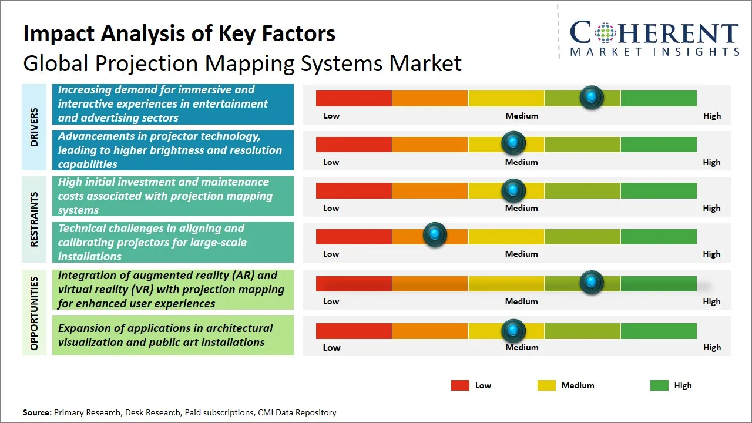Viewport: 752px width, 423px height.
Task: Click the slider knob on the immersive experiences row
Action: point(592,97)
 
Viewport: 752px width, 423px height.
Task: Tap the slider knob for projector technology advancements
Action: point(513,143)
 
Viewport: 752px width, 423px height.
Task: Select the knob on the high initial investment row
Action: point(513,190)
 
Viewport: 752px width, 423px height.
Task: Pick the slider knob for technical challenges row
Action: point(435,234)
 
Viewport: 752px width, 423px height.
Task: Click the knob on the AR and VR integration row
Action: point(592,282)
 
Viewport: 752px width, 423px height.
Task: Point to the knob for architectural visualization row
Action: point(513,331)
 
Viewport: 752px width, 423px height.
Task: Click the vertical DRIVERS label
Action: point(34,127)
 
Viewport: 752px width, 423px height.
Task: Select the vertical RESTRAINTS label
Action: point(34,219)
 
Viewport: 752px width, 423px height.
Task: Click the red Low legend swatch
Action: point(460,385)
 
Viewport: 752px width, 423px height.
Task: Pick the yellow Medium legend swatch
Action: point(546,385)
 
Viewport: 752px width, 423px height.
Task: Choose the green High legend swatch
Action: point(659,385)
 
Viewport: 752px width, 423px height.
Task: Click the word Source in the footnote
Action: point(36,412)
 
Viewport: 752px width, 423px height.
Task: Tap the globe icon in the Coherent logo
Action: point(605,33)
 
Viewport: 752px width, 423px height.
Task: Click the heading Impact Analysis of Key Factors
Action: point(179,33)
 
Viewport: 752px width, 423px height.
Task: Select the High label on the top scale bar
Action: point(712,116)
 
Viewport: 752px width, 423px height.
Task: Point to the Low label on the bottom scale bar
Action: point(331,347)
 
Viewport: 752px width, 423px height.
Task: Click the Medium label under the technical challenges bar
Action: point(522,254)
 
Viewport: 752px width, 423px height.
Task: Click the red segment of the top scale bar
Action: point(354,98)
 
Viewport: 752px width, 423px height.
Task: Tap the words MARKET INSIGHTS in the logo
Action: point(654,52)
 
